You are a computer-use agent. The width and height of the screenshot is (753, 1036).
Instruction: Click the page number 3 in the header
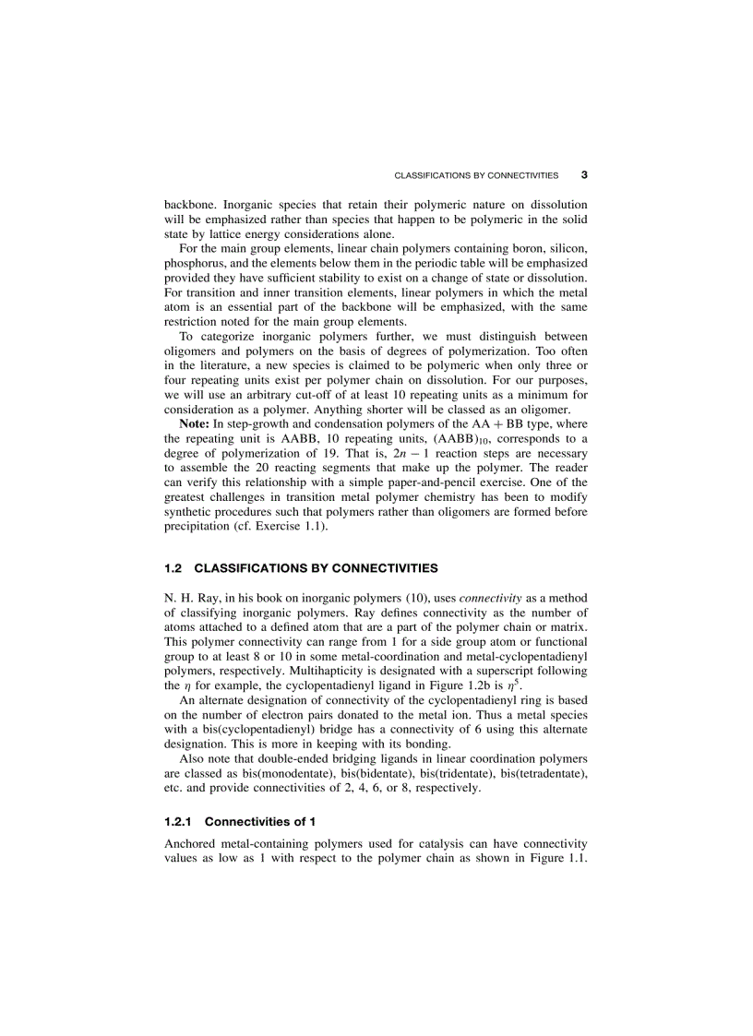pyautogui.click(x=584, y=174)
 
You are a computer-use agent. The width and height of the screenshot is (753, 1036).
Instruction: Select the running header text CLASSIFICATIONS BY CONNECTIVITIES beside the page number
pyautogui.click(x=476, y=175)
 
